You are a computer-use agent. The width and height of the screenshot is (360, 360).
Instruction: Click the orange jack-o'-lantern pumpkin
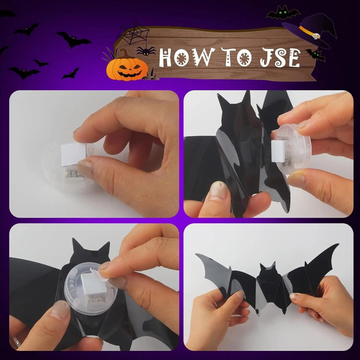pos(127,68)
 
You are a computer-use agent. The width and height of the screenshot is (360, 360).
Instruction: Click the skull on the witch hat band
pos(317,36)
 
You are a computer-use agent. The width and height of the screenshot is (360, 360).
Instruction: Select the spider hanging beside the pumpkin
pos(146,51)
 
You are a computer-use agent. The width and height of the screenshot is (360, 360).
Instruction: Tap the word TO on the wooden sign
pos(237,57)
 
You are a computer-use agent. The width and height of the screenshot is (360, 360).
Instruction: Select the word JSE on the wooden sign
pos(280,58)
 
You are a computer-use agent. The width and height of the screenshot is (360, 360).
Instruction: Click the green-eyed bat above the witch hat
pos(283,12)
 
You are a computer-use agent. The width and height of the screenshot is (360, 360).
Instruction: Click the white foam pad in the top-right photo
pos(278,151)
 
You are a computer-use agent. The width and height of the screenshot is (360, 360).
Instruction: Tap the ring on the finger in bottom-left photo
pos(16,341)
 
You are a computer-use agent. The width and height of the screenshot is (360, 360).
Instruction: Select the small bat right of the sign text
pos(315,55)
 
